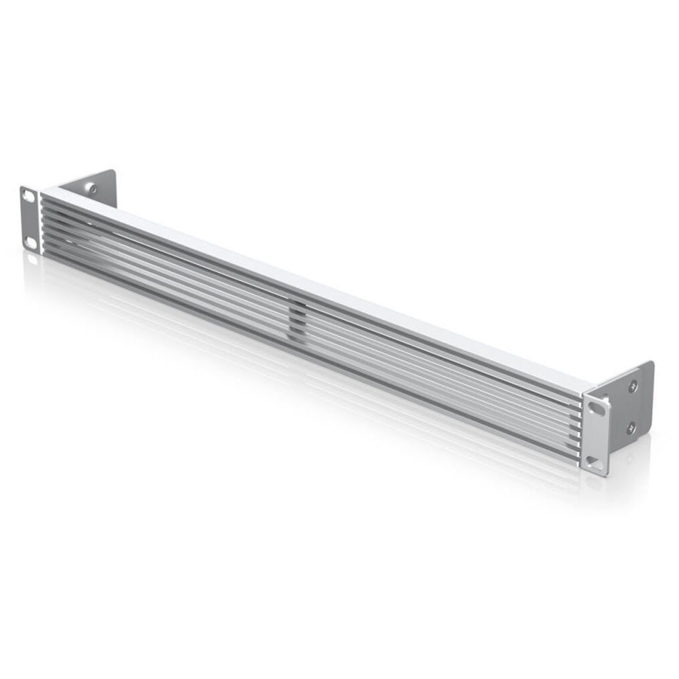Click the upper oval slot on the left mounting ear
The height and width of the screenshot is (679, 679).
pos(29,196)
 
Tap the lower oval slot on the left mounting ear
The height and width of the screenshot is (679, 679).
pos(31,240)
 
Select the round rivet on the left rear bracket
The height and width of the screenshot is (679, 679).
pos(93,189)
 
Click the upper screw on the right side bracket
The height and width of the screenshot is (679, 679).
pos(633,386)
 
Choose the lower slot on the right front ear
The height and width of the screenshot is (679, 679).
pos(593,461)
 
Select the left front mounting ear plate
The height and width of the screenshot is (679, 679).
pos(30,218)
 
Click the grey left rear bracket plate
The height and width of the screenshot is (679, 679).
pos(101,188)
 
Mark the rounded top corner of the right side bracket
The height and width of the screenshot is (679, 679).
pos(649,364)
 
